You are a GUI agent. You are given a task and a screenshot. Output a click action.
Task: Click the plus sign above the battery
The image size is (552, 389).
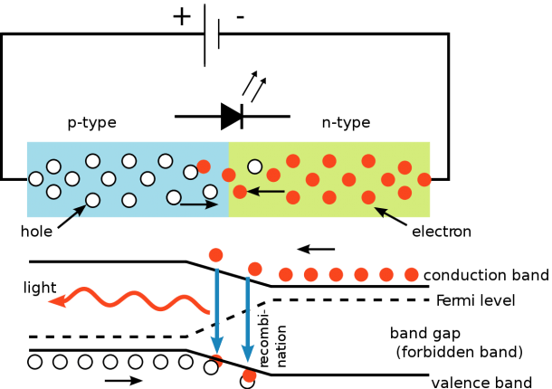point(182,17)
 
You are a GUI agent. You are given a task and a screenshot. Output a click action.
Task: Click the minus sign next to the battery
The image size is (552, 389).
point(241,17)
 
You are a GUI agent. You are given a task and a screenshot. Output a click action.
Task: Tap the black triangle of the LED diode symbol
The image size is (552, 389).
point(231,116)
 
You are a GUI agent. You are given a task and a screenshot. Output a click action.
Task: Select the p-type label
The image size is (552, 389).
point(92,123)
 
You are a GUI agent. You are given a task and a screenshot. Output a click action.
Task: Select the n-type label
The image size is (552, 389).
point(346,123)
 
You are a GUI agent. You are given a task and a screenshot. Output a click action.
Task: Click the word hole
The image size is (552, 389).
point(36,232)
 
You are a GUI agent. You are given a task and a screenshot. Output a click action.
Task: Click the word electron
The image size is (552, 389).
point(442,232)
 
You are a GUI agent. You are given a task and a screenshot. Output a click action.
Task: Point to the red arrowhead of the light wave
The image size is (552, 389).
point(57,300)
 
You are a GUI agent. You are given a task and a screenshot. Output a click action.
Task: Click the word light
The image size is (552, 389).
point(40,288)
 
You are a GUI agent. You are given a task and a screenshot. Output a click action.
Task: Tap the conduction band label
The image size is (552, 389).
point(486,275)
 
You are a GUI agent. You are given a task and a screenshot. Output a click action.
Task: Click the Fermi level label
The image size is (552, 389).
point(476,300)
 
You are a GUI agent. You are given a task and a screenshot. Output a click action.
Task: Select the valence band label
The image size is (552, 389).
point(481,383)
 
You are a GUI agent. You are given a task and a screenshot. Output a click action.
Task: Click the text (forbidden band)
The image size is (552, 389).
point(459,352)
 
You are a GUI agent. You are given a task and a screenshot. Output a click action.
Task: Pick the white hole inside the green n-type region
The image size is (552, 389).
point(255,166)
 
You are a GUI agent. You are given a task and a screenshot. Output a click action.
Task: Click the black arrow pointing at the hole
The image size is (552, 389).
point(71,216)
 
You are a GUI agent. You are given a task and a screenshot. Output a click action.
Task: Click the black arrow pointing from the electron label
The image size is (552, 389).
point(390,216)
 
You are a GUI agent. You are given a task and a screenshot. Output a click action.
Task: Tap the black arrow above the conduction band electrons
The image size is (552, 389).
point(316,250)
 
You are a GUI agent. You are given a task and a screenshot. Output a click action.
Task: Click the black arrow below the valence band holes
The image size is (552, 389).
point(124,380)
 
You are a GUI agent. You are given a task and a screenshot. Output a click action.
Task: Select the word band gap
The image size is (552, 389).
point(425,333)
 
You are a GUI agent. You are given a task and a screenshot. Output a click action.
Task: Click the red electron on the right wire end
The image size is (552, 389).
point(424,179)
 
